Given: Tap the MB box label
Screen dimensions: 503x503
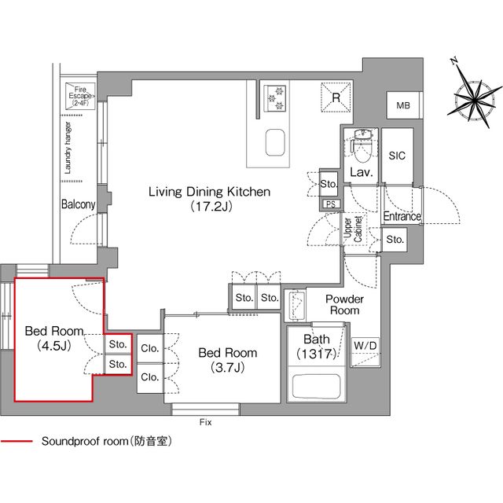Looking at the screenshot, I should pos(402,105).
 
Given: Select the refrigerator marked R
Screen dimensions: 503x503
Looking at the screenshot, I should pos(335,97).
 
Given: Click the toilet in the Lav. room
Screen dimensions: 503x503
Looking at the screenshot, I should pos(362,144).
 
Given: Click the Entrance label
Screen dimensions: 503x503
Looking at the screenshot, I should pos(402,216).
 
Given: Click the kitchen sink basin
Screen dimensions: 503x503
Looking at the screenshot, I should pos(275,144).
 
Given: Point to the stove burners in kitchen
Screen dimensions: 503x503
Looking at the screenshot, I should pos(275,96).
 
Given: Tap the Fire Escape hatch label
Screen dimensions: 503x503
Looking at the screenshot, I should pos(80,96).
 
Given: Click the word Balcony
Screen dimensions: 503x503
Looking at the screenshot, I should pos(78,205).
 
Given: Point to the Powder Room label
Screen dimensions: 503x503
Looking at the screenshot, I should pos(344,305).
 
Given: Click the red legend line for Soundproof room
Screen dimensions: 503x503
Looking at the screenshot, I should pos(17,442).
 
